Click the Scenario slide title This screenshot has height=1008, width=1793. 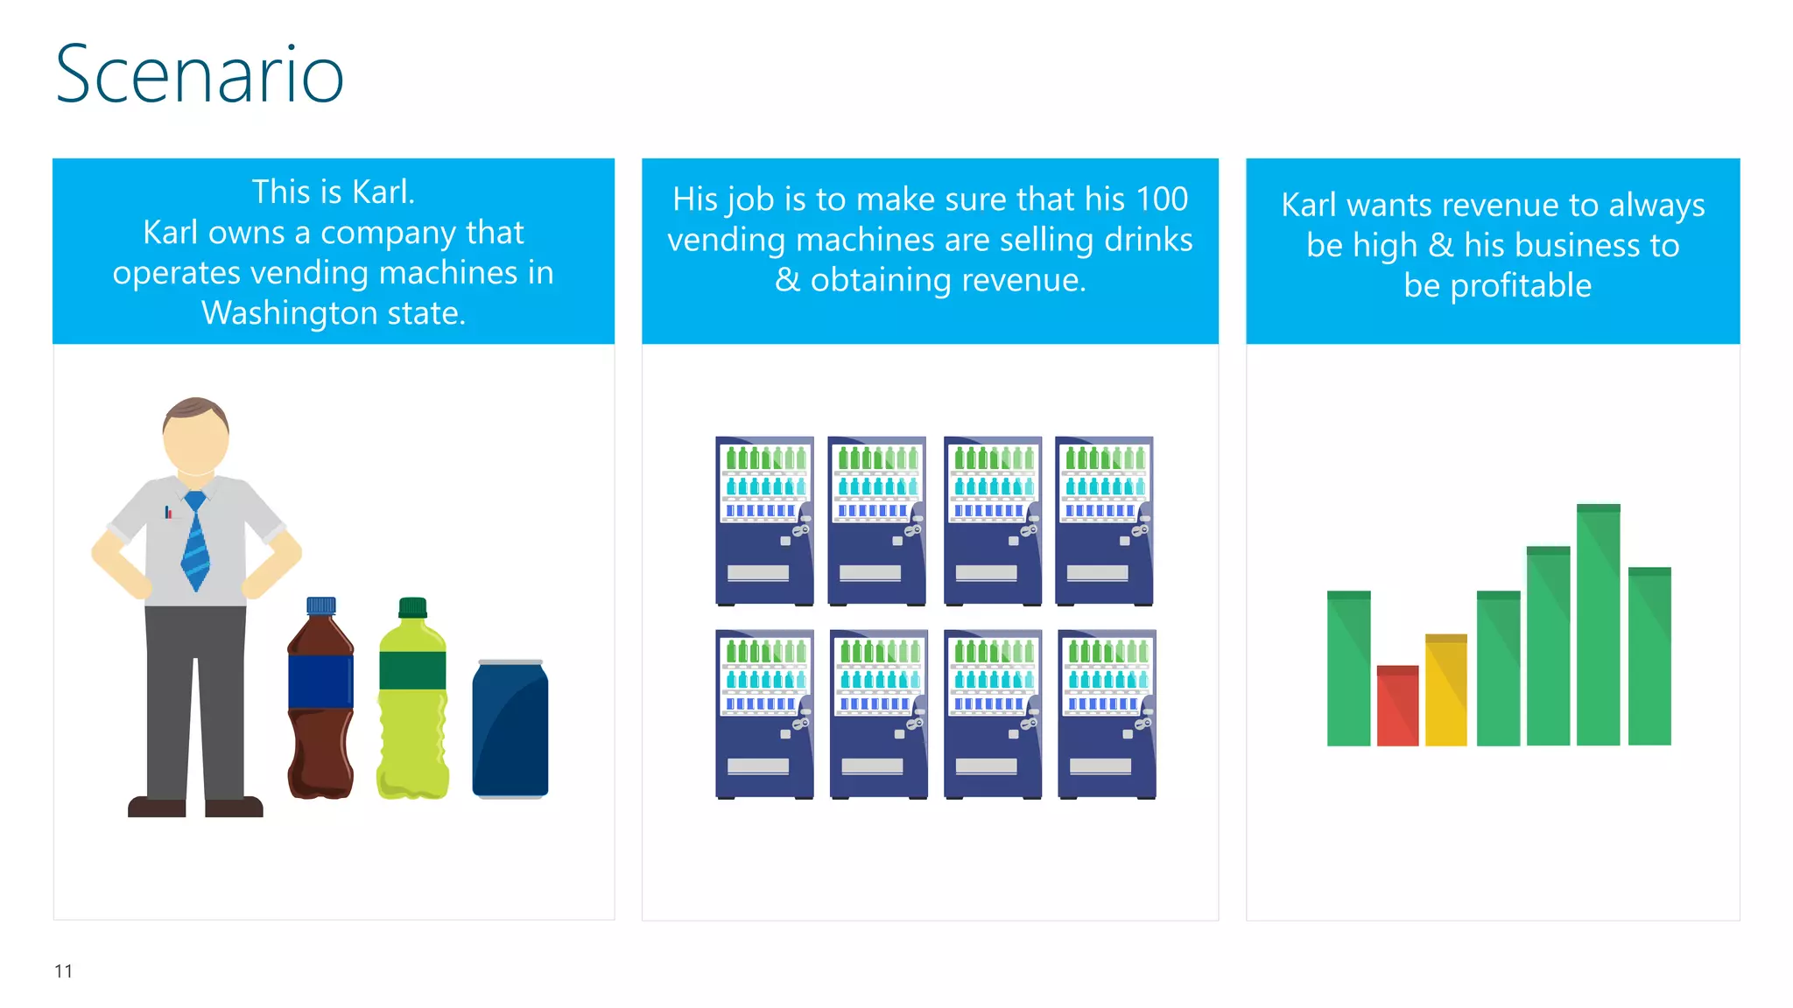pos(200,75)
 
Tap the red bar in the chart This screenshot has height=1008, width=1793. pos(1397,706)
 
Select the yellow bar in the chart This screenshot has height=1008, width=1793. pos(1445,690)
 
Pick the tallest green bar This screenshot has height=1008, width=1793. pos(1598,625)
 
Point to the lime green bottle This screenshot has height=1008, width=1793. pos(412,709)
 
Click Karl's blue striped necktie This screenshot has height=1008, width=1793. pos(195,542)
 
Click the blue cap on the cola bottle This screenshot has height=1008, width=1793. pos(320,605)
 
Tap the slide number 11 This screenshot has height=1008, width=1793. pos(63,971)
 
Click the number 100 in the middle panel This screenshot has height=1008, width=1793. pos(1161,199)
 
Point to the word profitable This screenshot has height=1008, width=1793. pos(1521,286)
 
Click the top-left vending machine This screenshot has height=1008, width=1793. pos(764,521)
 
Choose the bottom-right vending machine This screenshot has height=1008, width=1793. pos(1107,714)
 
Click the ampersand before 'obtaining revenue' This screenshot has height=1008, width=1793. pos(787,281)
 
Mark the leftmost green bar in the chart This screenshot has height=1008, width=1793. pos(1348,668)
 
